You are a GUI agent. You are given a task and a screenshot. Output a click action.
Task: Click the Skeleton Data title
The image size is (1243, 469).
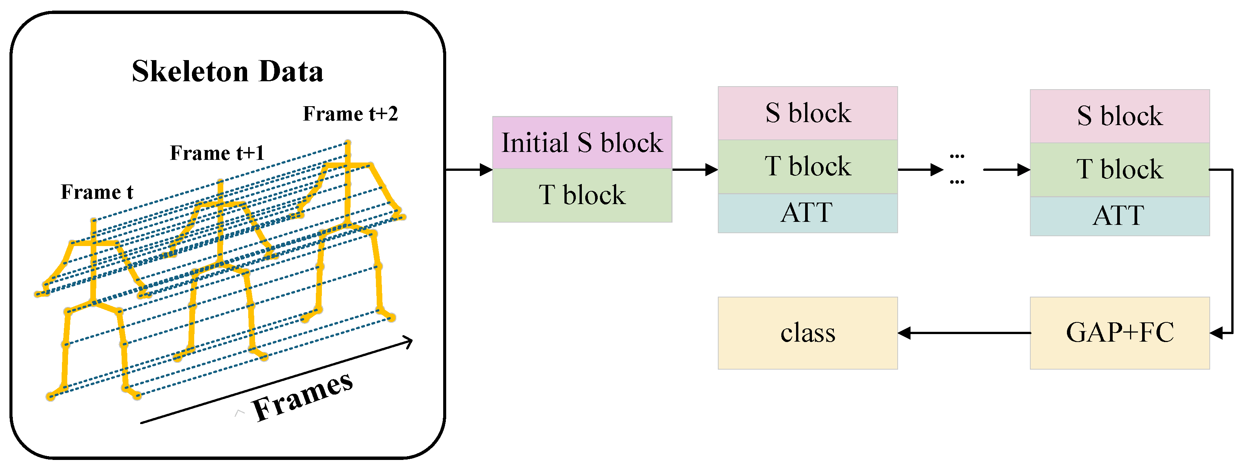227,71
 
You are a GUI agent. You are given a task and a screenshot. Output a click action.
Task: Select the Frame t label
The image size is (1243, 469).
96,192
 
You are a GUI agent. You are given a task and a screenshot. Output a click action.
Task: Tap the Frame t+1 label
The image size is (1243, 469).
217,153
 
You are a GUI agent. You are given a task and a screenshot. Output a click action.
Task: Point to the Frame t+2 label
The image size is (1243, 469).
350,114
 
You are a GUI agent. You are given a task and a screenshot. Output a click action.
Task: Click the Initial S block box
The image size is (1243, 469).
582,143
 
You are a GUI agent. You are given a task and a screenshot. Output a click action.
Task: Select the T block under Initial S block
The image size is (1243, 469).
582,195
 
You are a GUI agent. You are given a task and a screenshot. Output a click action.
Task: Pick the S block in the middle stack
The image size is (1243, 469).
807,113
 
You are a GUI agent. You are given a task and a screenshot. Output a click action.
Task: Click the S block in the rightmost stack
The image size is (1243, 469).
1119,116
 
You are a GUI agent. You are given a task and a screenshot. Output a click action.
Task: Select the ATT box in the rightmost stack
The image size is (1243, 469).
1119,216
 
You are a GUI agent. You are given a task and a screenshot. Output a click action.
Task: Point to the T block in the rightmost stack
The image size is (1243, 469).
1119,170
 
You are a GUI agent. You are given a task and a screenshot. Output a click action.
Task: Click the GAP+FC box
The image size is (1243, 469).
1119,333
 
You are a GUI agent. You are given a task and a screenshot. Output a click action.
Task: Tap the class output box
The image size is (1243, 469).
807,333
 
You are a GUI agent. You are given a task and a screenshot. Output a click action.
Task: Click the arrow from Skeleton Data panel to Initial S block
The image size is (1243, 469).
468,170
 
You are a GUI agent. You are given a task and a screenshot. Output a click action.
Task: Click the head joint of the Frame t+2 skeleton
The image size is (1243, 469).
348,143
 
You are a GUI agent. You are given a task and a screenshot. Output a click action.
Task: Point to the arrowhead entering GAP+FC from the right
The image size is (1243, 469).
1217,333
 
